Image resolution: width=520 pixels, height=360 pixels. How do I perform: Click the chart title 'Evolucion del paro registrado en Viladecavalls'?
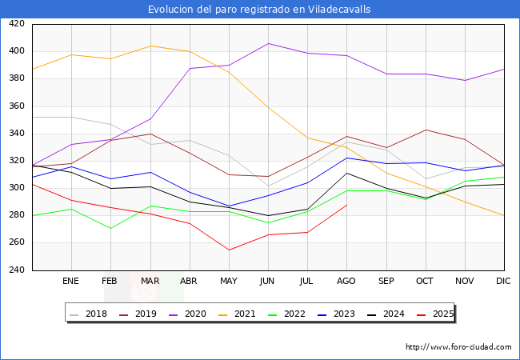[259, 9]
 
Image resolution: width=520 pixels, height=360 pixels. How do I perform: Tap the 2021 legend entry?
[244, 314]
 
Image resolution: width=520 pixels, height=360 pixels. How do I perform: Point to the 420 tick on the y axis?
[16, 24]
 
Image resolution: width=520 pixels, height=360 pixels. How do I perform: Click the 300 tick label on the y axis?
[16, 188]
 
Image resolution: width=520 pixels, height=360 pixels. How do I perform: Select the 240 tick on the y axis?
[16, 270]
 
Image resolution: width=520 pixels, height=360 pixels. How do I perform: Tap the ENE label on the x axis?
[70, 282]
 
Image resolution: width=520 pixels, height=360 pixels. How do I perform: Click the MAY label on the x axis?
[229, 282]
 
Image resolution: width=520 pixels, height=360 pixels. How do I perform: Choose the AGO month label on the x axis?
[346, 282]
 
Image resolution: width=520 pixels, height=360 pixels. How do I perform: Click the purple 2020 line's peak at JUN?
[268, 43]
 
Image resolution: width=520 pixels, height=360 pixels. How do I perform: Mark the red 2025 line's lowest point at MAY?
[229, 250]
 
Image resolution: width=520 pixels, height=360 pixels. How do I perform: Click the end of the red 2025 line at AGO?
[346, 205]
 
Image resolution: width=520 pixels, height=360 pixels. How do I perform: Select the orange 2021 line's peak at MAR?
[150, 46]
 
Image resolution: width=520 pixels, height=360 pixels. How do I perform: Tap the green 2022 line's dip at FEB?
[110, 229]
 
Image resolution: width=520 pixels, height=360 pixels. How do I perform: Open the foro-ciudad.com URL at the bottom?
[458, 347]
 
